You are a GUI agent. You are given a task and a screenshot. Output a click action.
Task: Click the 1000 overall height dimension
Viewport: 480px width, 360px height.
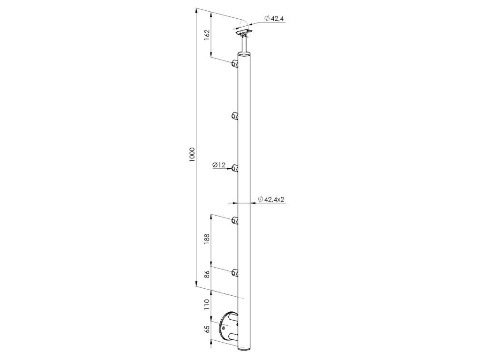point(192,155)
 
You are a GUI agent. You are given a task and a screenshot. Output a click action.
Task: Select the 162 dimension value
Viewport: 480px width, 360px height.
point(207,33)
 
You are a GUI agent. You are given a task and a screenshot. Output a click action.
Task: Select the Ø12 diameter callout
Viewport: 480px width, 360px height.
point(219,165)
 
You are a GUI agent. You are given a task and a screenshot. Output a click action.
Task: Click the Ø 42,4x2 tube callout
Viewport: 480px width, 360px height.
point(271,199)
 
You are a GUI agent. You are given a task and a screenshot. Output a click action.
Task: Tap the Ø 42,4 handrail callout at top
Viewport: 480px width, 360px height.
point(274,19)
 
